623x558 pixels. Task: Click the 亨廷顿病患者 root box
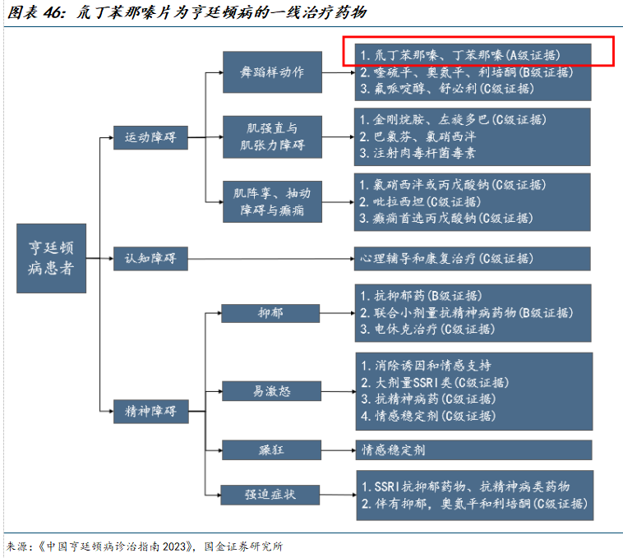click(x=52, y=258)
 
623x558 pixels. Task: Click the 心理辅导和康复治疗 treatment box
click(x=473, y=259)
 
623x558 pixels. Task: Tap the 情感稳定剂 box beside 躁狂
click(x=473, y=450)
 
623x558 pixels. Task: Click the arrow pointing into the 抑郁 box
click(x=216, y=313)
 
